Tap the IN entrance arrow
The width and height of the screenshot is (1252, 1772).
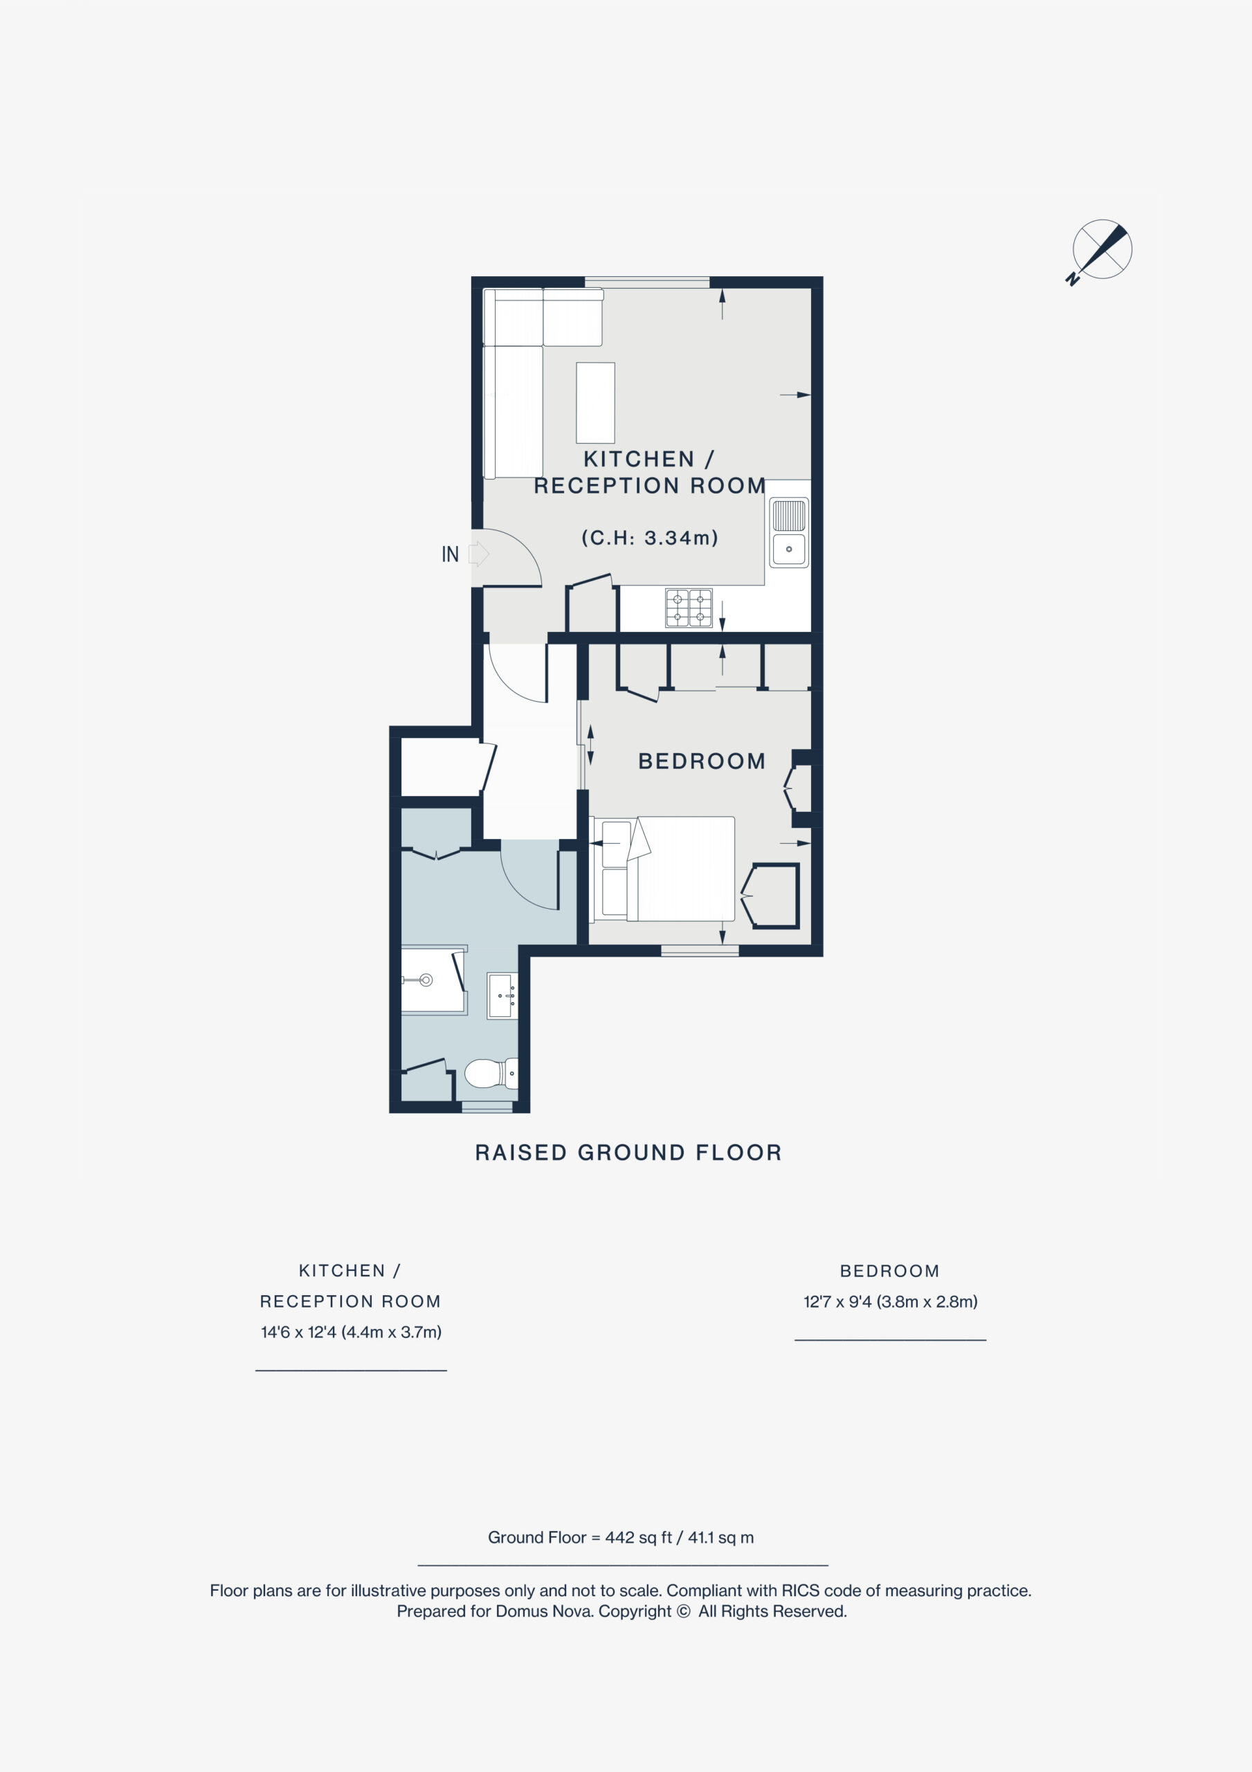(x=478, y=553)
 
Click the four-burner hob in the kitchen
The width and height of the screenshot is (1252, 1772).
(x=689, y=607)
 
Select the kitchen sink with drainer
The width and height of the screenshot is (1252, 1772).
(x=788, y=532)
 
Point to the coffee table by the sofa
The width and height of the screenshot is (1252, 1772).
(x=595, y=402)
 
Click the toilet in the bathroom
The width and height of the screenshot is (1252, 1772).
(x=491, y=1073)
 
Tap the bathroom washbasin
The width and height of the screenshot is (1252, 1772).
(x=502, y=995)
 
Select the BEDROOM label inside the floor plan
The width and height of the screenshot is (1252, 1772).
(x=702, y=761)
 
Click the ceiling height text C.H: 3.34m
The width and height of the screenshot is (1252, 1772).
(x=650, y=537)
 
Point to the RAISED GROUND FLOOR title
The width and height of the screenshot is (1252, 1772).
(x=628, y=1152)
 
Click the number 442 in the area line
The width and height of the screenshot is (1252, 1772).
(x=619, y=1537)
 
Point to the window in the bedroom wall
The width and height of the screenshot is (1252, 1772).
(x=699, y=951)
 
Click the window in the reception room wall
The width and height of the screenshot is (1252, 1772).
(x=647, y=282)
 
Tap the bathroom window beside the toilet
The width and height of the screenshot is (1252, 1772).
(x=487, y=1107)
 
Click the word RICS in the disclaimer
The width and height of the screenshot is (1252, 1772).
(x=801, y=1591)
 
